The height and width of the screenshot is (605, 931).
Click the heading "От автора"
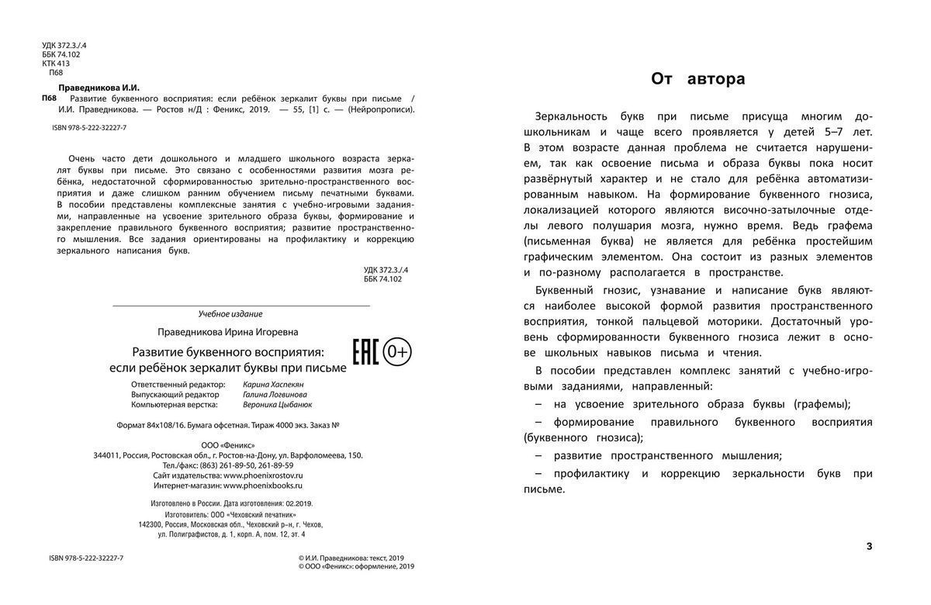pos(697,78)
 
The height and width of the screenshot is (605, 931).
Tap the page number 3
pos(869,546)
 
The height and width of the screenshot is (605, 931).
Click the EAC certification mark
pos(365,352)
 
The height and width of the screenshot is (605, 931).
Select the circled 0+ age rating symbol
pos(398,352)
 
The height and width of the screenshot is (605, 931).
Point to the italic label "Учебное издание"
pos(230,314)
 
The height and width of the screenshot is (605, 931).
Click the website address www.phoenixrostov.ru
pos(263,475)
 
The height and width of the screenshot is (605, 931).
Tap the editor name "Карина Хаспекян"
pos(274,384)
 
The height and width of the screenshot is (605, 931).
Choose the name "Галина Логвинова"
pos(275,394)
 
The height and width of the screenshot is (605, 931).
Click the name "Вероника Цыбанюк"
pos(277,404)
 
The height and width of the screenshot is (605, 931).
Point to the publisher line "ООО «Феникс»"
pos(227,444)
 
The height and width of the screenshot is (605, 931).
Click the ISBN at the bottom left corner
pos(86,558)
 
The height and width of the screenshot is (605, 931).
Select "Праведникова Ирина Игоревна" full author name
pos(227,332)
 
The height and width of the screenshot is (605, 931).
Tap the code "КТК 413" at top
pos(56,64)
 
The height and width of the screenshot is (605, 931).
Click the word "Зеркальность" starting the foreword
pos(569,116)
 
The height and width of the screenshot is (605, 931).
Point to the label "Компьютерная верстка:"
pos(175,404)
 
